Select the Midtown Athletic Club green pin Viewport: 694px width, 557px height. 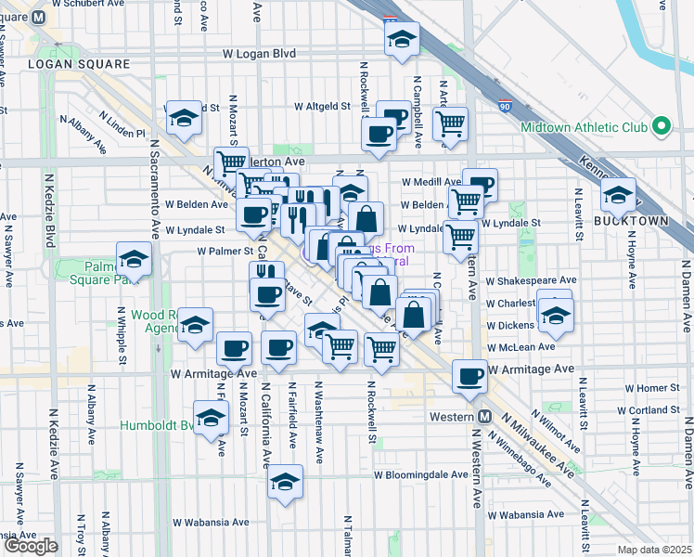click(x=661, y=126)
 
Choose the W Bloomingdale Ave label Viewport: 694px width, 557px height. click(x=421, y=473)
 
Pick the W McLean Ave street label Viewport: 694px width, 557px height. click(x=521, y=346)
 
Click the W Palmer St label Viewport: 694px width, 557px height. click(x=225, y=251)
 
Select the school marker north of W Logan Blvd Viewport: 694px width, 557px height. click(x=402, y=39)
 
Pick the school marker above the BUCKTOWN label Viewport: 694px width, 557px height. click(x=618, y=194)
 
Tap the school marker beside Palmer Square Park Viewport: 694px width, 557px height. click(x=134, y=260)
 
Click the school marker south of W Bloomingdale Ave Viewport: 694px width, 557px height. click(x=285, y=482)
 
